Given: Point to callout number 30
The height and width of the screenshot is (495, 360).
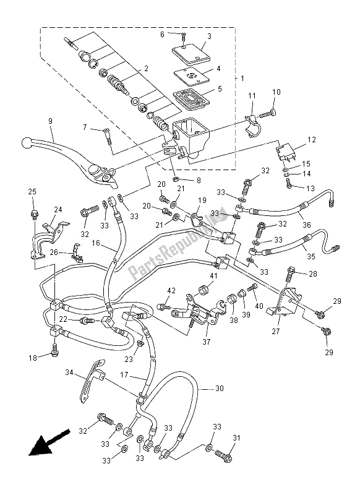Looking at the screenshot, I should tap(218, 389).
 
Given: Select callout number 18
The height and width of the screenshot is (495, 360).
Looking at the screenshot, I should tap(32, 358).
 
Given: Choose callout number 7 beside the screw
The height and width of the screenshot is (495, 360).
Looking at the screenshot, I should tap(86, 128).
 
